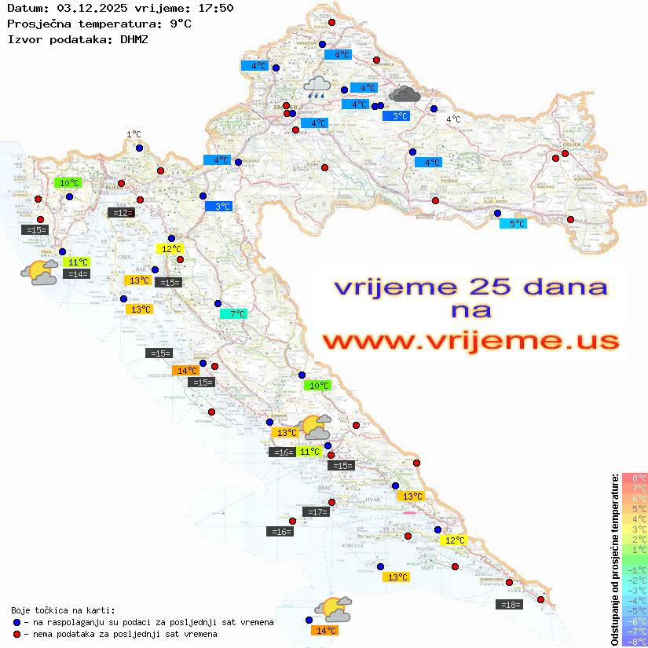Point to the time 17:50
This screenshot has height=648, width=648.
point(214,8)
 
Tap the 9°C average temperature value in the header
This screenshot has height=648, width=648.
point(181,24)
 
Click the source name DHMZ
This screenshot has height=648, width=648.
point(134,38)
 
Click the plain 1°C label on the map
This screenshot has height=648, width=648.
point(134,135)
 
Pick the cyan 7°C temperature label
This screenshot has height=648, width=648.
point(233,314)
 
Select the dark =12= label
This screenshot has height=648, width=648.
point(121,212)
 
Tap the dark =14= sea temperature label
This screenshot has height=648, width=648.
point(77,274)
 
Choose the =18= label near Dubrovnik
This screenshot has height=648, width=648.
point(509,605)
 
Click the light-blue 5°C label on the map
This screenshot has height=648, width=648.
point(513,224)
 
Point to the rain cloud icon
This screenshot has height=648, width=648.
point(317,86)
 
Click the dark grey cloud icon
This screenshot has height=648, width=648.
point(404,95)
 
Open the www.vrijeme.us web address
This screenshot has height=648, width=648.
point(470,342)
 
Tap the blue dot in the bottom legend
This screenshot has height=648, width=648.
point(16,622)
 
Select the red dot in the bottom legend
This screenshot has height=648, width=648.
point(16,634)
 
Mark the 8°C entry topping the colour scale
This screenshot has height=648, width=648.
point(634,478)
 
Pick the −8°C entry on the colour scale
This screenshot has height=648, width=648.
point(634,641)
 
